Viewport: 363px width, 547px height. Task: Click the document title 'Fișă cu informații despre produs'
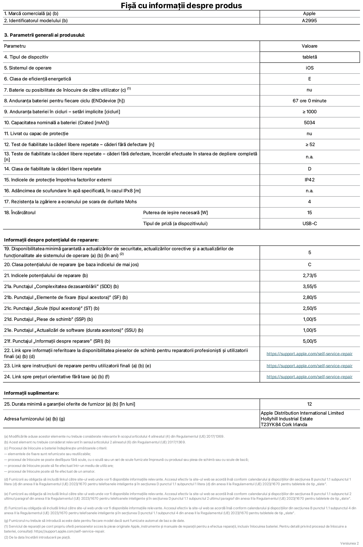click(181, 5)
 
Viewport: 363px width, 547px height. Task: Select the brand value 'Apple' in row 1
click(309, 13)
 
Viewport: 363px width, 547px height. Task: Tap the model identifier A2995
click(309, 21)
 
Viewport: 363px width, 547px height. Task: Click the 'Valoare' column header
click(309, 46)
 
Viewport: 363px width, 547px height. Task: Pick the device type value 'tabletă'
click(309, 57)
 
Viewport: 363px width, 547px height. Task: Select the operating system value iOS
click(309, 68)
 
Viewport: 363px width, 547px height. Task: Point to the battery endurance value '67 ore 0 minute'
click(309, 101)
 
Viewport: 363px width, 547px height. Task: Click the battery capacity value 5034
click(309, 123)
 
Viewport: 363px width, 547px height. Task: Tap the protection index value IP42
click(309, 180)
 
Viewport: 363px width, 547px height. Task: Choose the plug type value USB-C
click(309, 223)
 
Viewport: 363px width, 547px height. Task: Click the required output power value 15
click(309, 213)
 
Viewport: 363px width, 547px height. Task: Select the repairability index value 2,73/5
click(309, 275)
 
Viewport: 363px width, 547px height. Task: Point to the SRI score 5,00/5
click(309, 341)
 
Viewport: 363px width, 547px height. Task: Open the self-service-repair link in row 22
click(309, 354)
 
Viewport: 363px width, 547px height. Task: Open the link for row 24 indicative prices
click(309, 377)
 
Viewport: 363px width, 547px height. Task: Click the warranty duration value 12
click(309, 404)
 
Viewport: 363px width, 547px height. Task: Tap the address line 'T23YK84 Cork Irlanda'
click(284, 424)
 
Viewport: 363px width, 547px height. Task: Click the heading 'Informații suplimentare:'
click(31, 393)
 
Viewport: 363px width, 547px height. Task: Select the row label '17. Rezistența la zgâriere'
click(70, 202)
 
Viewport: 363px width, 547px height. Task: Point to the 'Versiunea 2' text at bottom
click(349, 543)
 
